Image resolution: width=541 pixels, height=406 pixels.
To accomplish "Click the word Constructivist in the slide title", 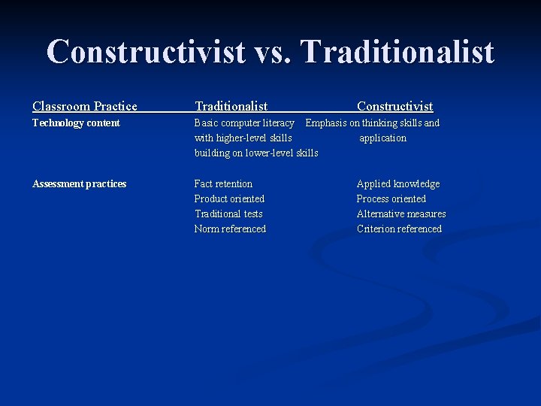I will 146,52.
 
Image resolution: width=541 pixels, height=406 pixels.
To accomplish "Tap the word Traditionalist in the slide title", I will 397,52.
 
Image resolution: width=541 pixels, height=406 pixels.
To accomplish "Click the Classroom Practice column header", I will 85,107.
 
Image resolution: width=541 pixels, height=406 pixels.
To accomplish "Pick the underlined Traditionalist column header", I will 231,107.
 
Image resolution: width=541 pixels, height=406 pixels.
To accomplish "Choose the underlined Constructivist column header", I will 394,107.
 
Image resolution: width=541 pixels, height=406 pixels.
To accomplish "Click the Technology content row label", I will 76,123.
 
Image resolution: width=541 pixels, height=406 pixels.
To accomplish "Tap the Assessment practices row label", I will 79,184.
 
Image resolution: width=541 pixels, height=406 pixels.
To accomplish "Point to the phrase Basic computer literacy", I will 244,123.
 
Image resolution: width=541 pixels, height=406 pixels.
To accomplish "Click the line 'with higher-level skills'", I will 243,138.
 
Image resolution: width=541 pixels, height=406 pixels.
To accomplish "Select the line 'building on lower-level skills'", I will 255,153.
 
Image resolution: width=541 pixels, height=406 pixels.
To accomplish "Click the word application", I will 382,138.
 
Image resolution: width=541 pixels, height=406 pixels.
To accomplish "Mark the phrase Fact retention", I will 223,184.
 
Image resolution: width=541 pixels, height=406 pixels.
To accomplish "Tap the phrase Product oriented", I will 229,199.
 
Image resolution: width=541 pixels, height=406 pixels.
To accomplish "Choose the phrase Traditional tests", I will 228,214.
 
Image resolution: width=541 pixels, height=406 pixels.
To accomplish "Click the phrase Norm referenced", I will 230,229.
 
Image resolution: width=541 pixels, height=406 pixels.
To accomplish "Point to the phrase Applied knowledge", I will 398,184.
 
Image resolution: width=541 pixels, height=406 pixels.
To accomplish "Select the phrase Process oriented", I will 391,199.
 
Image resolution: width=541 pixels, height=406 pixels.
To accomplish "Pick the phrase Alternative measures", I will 401,214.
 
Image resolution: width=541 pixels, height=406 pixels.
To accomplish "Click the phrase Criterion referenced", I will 399,229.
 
